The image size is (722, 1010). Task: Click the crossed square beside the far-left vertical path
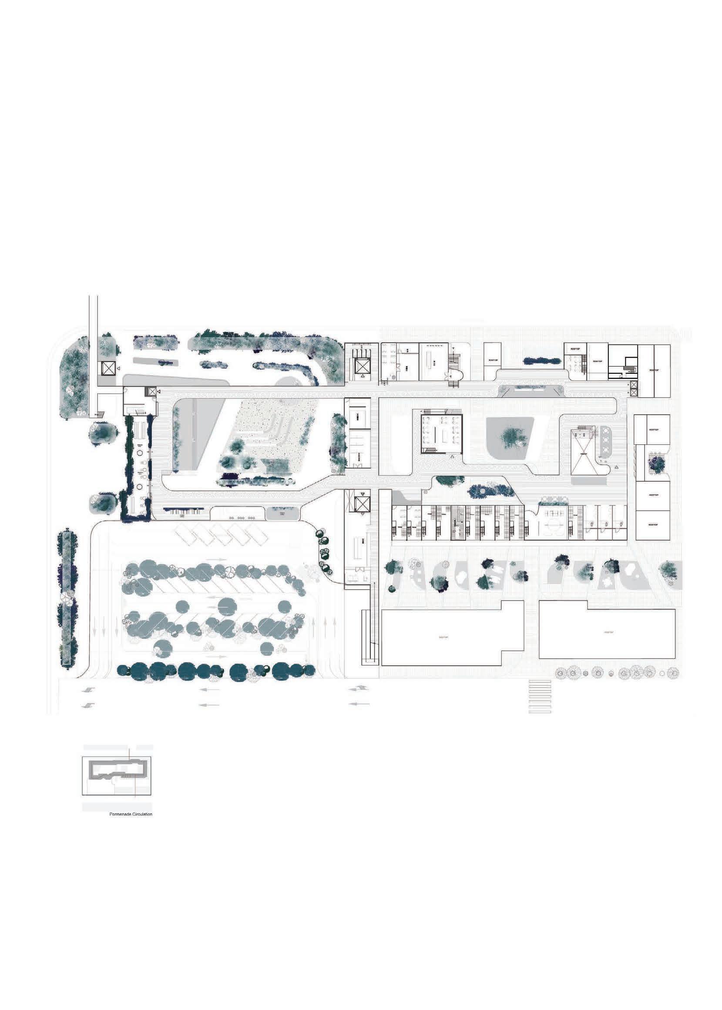click(x=108, y=368)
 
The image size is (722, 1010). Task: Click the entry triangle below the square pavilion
click(x=452, y=456)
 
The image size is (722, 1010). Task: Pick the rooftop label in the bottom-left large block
click(x=443, y=637)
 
